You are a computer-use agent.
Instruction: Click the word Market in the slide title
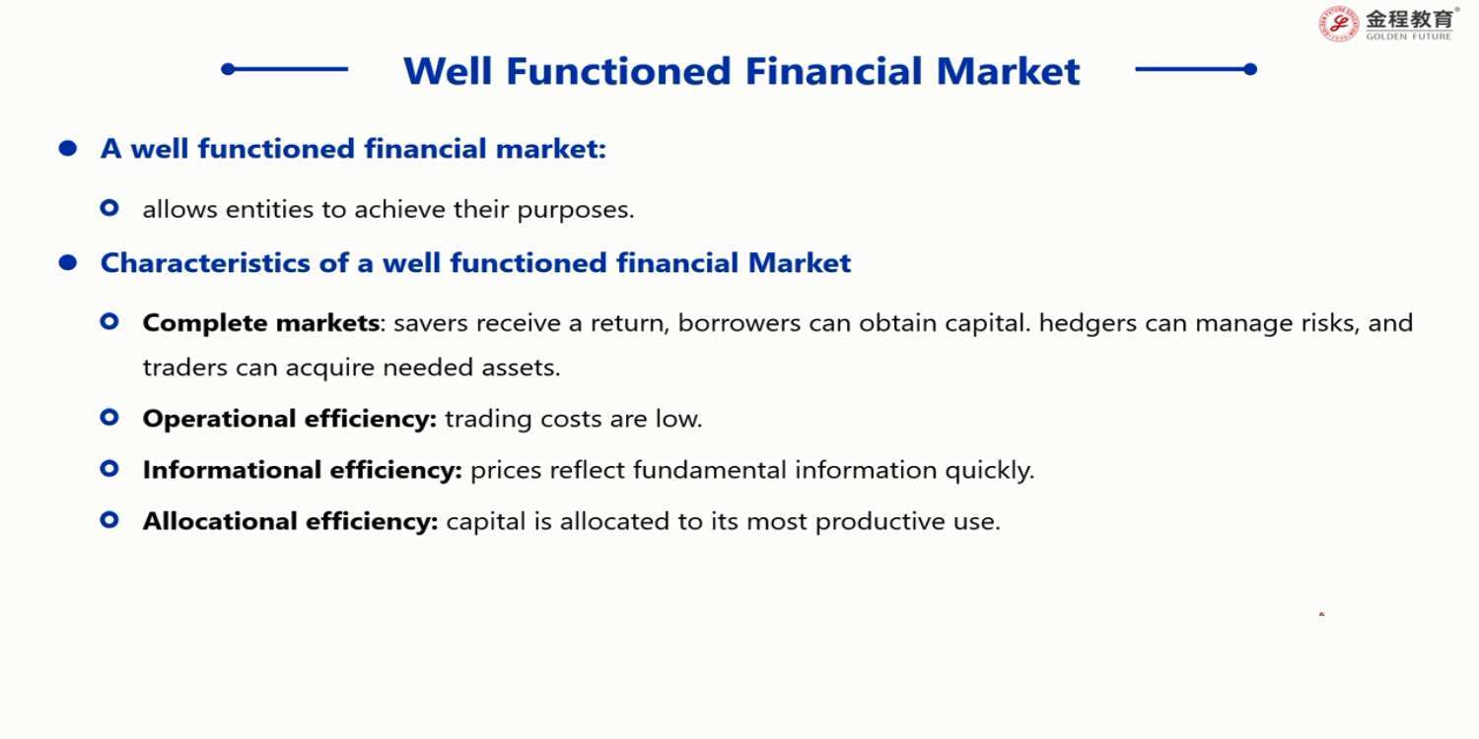[1009, 71]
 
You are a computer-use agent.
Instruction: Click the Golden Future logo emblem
[1338, 25]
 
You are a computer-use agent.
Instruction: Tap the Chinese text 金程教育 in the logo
[1409, 19]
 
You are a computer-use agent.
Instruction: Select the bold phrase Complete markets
[261, 323]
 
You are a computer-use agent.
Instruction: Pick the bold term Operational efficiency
[290, 419]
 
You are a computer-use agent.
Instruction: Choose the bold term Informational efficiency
[303, 470]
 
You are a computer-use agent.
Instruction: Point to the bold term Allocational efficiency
[291, 521]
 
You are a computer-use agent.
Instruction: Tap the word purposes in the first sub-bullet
[575, 211]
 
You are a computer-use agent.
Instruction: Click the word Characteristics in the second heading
[205, 263]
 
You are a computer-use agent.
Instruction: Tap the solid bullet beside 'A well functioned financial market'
[67, 149]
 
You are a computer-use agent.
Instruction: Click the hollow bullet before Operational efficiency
[109, 417]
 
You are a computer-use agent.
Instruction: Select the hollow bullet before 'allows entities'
[109, 208]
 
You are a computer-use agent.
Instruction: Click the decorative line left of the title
[285, 69]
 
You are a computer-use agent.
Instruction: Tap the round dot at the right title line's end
[1250, 69]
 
